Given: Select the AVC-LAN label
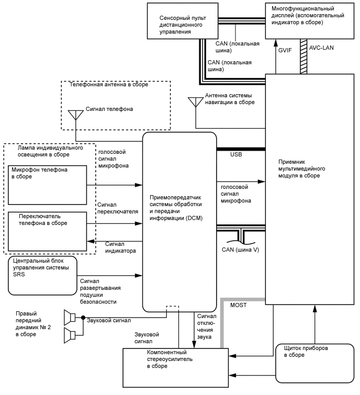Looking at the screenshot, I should pos(321,48).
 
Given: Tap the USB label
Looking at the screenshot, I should pos(236,155).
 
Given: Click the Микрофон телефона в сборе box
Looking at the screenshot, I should pos(47,185).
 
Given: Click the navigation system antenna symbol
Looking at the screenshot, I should pos(195,101).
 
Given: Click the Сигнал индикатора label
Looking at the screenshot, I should pos(120,247).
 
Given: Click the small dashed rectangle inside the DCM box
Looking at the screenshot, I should pos(173,309).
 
